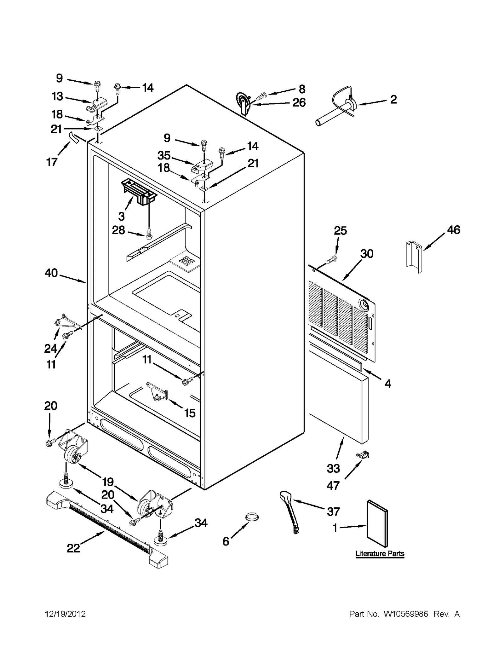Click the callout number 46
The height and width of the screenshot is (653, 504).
click(x=453, y=230)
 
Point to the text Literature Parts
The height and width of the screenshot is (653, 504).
click(x=380, y=554)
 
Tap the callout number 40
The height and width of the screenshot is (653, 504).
click(x=51, y=273)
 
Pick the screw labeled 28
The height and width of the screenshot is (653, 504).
click(x=149, y=234)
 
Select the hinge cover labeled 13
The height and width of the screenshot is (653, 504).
click(x=96, y=104)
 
